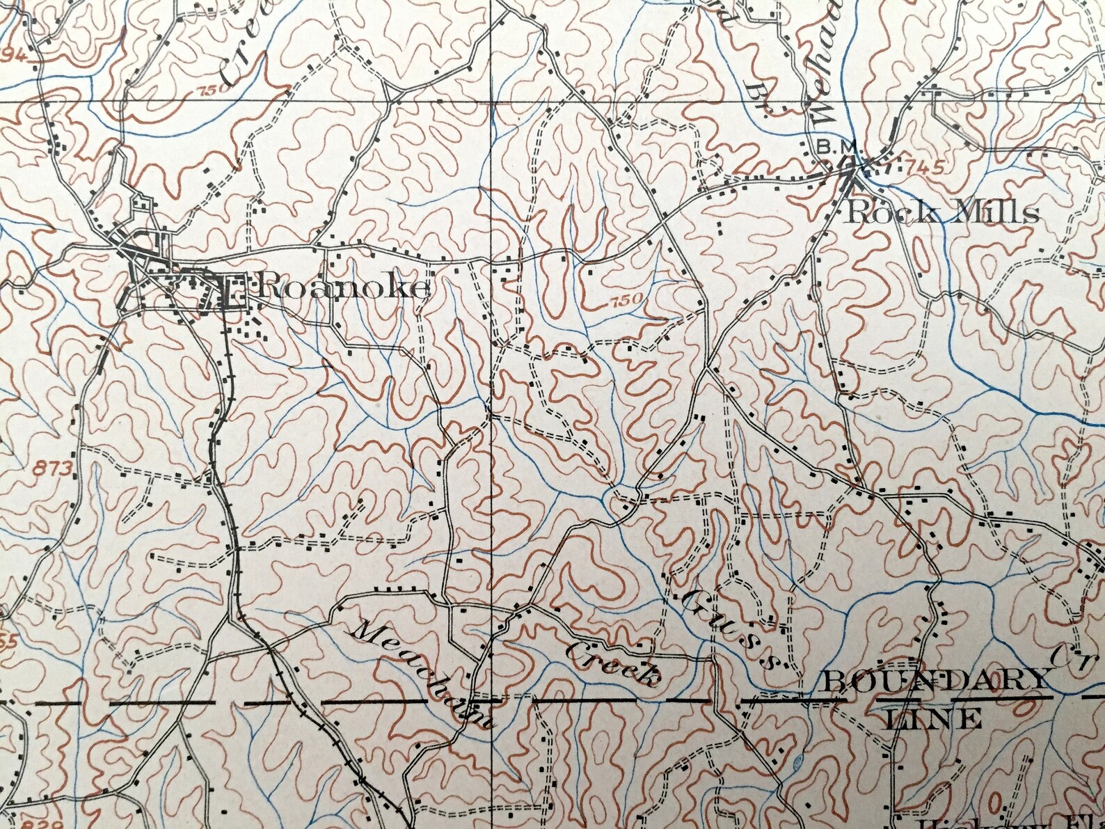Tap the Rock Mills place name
pyautogui.click(x=943, y=212)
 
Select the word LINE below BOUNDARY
pyautogui.click(x=933, y=718)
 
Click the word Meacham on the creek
pyautogui.click(x=425, y=672)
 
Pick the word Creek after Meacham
pyautogui.click(x=612, y=662)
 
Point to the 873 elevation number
pyautogui.click(x=51, y=469)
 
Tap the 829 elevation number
pyautogui.click(x=32, y=823)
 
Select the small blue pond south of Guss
pyautogui.click(x=797, y=762)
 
